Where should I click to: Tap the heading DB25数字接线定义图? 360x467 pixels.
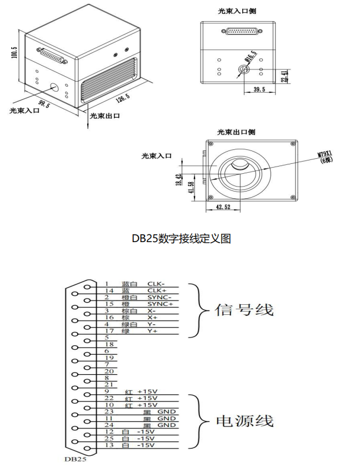pyautogui.click(x=181, y=238)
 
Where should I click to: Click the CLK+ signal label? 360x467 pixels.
pyautogui.click(x=157, y=290)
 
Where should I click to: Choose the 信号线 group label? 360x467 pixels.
pyautogui.click(x=244, y=309)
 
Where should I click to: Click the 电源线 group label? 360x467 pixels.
pyautogui.click(x=244, y=421)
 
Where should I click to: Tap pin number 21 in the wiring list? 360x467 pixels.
pyautogui.click(x=109, y=384)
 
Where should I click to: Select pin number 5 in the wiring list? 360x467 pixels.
pyautogui.click(x=107, y=338)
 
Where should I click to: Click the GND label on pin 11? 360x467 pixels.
pyautogui.click(x=167, y=418)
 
